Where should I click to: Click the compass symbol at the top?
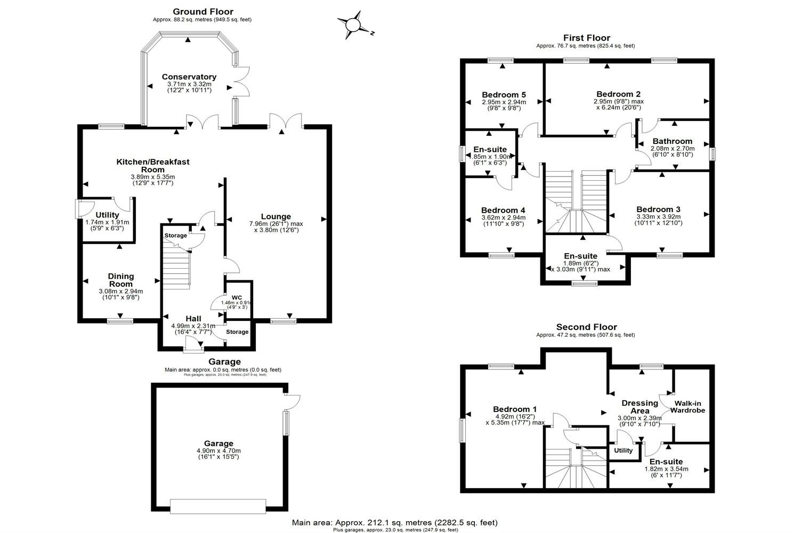(x=353, y=25)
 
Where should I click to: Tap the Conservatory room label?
(x=189, y=77)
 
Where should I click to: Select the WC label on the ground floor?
(x=237, y=297)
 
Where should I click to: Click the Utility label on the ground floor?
(x=107, y=215)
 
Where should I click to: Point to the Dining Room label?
(x=121, y=280)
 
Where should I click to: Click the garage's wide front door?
(x=218, y=506)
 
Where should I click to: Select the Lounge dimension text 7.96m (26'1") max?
(x=276, y=223)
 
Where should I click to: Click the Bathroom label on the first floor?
(x=672, y=142)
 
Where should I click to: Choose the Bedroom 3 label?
(x=658, y=209)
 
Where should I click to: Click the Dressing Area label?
(x=639, y=407)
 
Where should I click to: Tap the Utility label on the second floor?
(x=623, y=451)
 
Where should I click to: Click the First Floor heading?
(x=586, y=38)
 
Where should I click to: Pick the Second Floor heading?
(x=586, y=327)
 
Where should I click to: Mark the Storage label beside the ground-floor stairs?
(x=176, y=236)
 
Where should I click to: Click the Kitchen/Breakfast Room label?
(x=153, y=166)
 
